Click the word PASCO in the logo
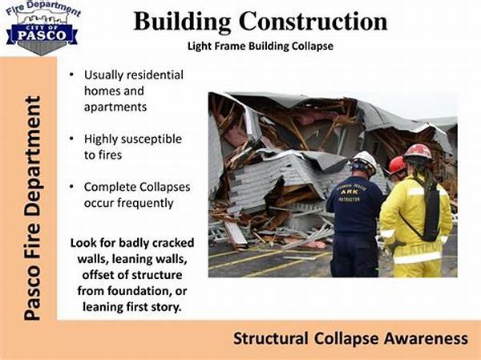click(42, 35)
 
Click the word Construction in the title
click(313, 22)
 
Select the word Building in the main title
click(182, 22)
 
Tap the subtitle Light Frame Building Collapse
click(260, 47)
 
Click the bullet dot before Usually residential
click(71, 75)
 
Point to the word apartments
click(115, 107)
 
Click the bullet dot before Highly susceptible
click(71, 139)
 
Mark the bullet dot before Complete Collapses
click(71, 187)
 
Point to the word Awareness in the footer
click(426, 338)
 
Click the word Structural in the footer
click(271, 338)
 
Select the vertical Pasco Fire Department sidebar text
click(32, 208)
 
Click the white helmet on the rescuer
click(365, 160)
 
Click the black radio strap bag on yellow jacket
click(431, 212)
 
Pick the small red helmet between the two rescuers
click(397, 165)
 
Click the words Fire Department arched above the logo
click(43, 9)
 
